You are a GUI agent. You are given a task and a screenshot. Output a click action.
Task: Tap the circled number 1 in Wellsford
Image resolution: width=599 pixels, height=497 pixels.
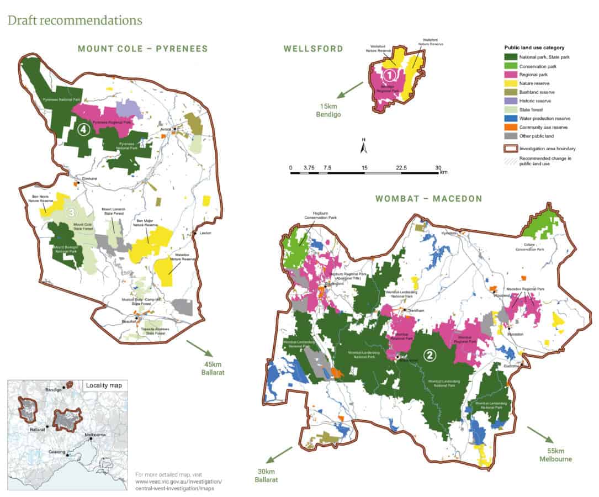coord(389,73)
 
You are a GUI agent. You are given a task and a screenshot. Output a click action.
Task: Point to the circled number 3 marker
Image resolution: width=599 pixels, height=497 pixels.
coord(70,212)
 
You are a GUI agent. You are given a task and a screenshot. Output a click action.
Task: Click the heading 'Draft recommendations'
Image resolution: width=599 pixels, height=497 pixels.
coord(75,20)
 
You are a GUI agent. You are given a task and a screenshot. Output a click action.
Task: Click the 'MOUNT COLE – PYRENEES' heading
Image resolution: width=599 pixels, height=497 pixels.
coord(142,49)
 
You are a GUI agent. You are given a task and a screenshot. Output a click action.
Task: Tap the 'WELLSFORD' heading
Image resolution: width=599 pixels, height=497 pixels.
coord(313,49)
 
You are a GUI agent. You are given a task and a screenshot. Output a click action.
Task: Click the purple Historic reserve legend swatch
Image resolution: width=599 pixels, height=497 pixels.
coord(511,101)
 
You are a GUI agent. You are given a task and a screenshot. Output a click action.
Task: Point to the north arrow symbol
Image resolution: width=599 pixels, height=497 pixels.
coord(363,147)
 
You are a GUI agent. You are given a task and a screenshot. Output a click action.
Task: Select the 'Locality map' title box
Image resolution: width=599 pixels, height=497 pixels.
coord(104,385)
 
